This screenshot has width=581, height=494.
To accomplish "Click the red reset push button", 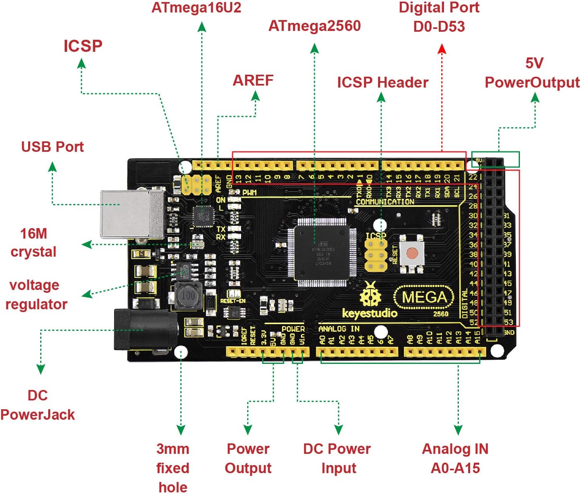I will (x=412, y=253).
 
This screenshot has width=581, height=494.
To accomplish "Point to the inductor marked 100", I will (x=188, y=296).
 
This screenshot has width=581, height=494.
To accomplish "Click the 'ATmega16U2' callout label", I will (x=196, y=8).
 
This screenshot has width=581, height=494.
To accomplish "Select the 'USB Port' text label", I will (x=52, y=147).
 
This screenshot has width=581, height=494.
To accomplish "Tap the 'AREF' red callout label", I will (x=253, y=81).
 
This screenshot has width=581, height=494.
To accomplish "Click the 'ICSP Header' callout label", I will (x=383, y=83).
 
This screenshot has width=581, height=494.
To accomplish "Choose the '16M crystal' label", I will (x=34, y=243).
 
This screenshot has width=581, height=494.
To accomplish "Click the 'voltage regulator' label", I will (x=35, y=294).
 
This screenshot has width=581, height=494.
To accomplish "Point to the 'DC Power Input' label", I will (x=337, y=458).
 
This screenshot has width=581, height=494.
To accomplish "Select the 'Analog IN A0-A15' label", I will (x=455, y=458).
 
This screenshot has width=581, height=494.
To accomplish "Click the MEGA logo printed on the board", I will (x=424, y=297).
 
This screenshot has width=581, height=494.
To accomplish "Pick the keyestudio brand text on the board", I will (x=370, y=313).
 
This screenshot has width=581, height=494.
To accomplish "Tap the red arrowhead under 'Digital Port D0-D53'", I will (x=442, y=49).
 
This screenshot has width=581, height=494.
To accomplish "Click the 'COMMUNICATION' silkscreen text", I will (x=385, y=202).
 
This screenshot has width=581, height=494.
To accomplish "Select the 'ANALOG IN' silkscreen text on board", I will (x=339, y=329).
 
